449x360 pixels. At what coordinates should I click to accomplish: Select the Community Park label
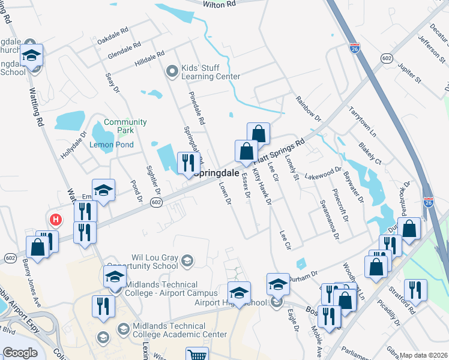click(x=125, y=126)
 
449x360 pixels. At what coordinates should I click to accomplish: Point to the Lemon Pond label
click(x=111, y=145)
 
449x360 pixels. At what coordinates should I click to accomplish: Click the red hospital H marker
click(x=55, y=220)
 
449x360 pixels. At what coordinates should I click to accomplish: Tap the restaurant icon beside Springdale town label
click(x=188, y=162)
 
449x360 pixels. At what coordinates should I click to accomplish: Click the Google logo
click(x=20, y=352)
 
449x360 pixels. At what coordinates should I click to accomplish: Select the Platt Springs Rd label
click(x=280, y=151)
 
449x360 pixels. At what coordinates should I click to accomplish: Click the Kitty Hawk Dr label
click(x=262, y=187)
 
